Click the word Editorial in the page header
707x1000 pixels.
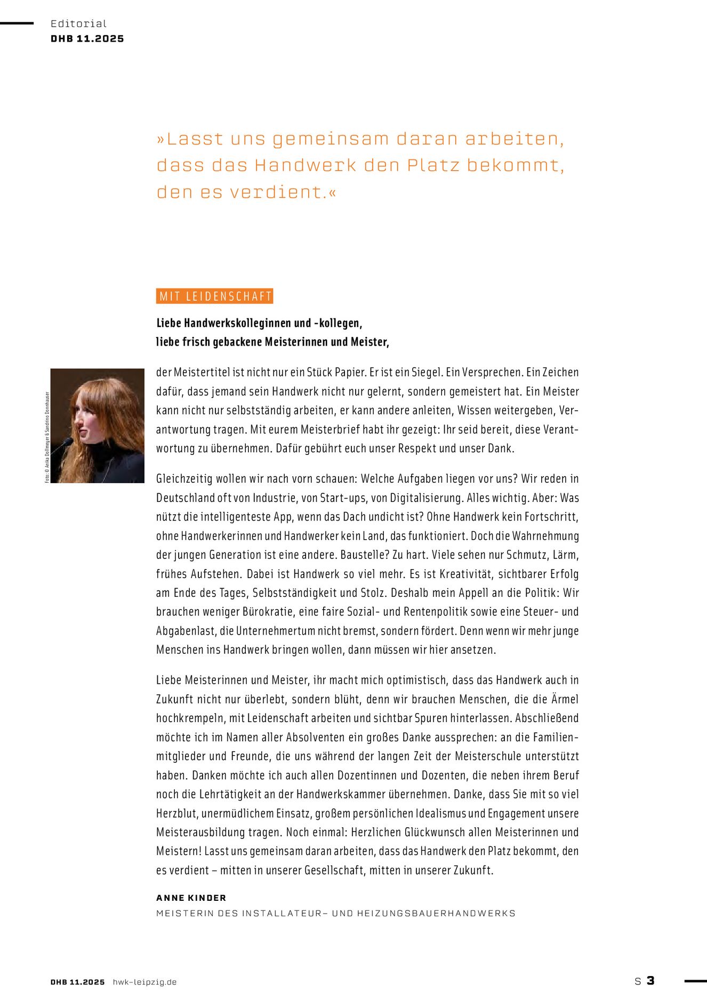coord(78,23)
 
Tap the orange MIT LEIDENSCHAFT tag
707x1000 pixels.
coord(214,297)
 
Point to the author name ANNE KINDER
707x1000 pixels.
coord(191,898)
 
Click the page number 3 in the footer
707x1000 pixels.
coord(650,980)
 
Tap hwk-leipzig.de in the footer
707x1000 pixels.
coord(144,982)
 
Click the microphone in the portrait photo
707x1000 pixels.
coord(65,443)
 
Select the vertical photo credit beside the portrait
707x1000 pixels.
coord(47,437)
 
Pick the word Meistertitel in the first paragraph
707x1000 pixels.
coord(202,372)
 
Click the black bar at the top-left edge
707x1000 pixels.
coord(17,23)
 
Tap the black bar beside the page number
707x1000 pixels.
coord(695,980)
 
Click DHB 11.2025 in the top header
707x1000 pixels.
coord(87,39)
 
